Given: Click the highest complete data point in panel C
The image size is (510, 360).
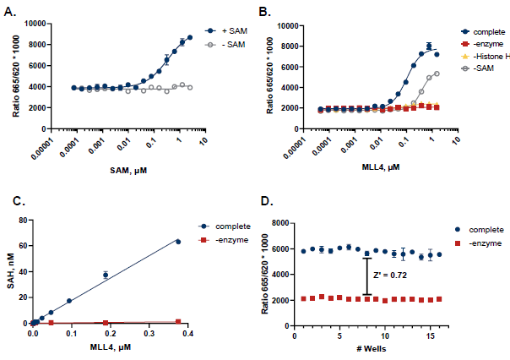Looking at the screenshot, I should click(x=178, y=242).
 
